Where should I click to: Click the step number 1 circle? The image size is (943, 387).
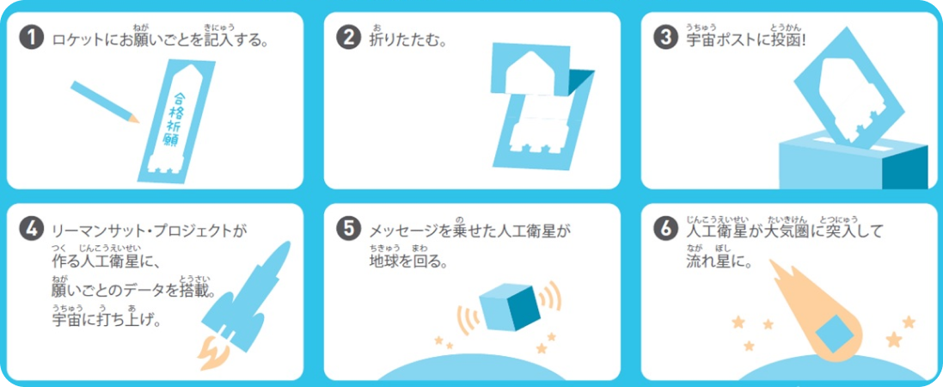[x=31, y=40]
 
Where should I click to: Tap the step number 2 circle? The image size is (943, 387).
[x=348, y=40]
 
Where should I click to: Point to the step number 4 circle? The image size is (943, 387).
[x=31, y=230]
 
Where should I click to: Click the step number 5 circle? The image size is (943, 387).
[x=348, y=230]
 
